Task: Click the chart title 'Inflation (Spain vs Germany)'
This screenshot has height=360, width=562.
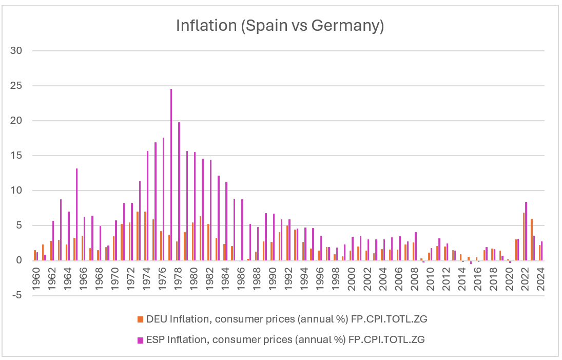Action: [280, 26]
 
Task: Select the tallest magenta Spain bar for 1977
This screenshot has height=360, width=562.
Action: [171, 175]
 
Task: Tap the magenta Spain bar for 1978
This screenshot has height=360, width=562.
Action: [179, 192]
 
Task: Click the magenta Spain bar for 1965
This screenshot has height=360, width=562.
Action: [76, 215]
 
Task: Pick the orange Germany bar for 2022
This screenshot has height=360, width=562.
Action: [524, 237]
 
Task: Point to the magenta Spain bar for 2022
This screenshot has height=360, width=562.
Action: [526, 231]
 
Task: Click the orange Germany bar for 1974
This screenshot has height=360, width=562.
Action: [145, 236]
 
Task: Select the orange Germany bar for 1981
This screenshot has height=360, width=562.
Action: [200, 238]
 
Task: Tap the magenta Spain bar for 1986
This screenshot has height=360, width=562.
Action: [242, 230]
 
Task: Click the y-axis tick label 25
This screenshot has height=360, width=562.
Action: [16, 86]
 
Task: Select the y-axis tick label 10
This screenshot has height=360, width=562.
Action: [16, 191]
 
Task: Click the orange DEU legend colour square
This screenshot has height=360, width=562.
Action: [140, 319]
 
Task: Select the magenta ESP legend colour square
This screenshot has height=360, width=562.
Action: [140, 340]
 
